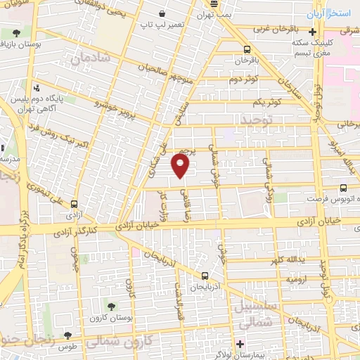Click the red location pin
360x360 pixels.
click(x=181, y=166)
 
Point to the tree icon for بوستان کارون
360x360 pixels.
click(x=111, y=304)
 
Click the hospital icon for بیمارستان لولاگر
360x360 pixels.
click(x=239, y=344)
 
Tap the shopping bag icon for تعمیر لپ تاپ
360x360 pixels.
click(x=162, y=14)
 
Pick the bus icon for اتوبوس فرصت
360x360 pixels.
click(x=343, y=188)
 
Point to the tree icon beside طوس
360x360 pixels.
click(x=67, y=335)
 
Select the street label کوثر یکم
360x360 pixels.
click(x=266, y=102)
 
